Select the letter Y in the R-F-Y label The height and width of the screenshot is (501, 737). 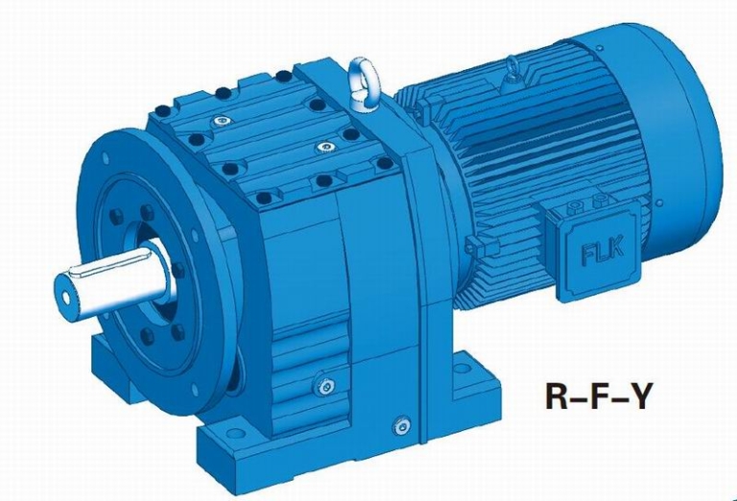(634, 396)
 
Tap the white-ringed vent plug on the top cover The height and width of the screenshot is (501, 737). (223, 121)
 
